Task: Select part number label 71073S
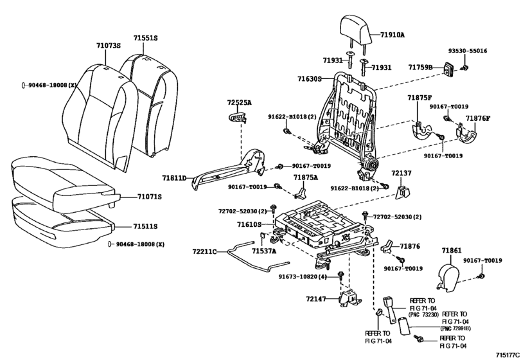109,46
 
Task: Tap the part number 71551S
146,38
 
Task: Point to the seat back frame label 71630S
310,79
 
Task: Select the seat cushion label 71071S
150,197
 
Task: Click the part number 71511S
145,226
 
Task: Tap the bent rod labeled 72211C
256,259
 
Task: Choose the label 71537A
264,251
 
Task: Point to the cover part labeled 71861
448,278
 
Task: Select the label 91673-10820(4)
303,276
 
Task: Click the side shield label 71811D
175,178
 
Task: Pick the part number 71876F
478,118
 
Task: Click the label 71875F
419,98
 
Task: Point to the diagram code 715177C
508,355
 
